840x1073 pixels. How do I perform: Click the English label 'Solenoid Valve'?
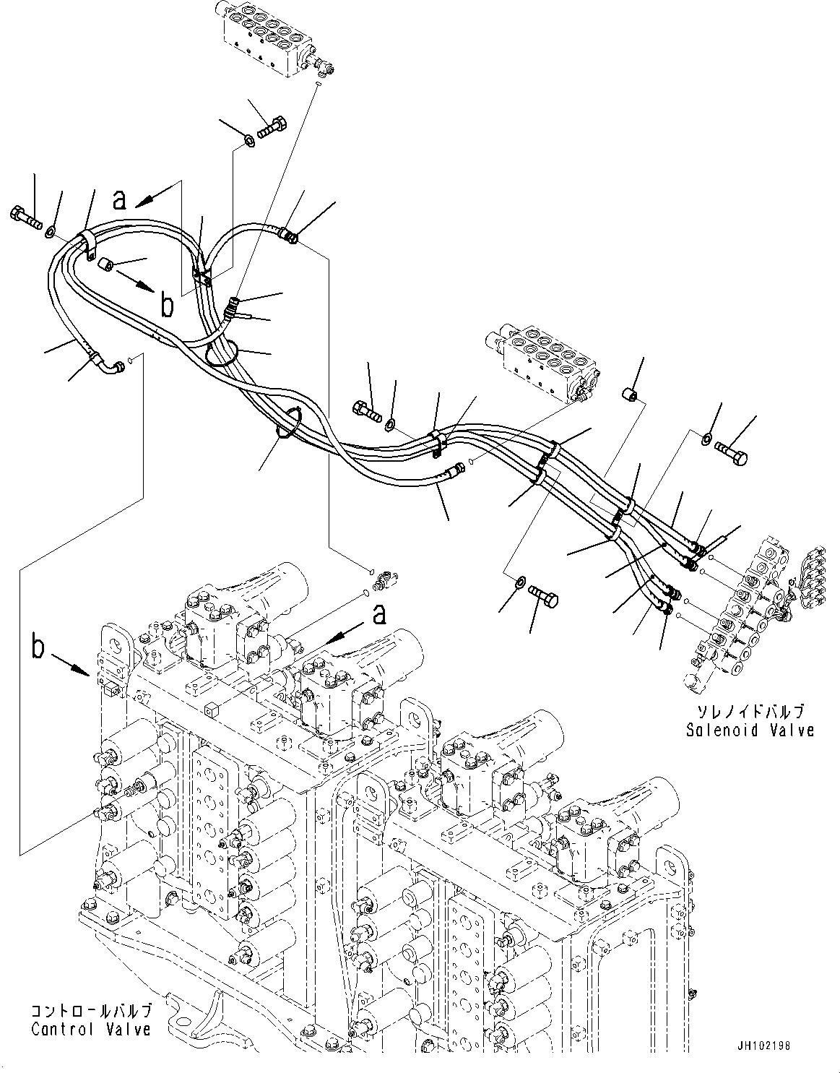750,731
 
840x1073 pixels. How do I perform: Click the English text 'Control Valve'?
91,1029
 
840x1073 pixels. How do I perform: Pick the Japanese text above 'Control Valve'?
91,1010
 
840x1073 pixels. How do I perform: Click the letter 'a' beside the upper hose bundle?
121,199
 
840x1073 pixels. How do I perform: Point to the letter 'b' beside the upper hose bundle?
167,306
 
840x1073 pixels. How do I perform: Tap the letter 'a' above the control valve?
378,614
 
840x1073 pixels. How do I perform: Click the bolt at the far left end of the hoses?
26,215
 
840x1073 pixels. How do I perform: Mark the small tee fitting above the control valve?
382,577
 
